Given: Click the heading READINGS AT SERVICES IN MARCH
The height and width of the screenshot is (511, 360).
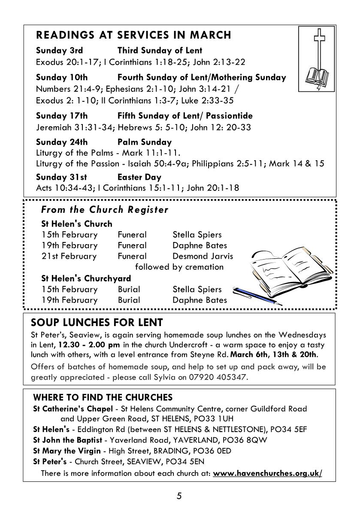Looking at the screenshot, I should click(133, 35).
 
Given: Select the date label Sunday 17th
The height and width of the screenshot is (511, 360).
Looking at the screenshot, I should click(62, 116).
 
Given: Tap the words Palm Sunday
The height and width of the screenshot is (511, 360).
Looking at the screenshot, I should click(144, 142).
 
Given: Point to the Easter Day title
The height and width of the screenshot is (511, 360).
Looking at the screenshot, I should click(139, 177).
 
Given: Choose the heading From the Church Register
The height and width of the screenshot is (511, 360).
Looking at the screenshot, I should click(105, 210).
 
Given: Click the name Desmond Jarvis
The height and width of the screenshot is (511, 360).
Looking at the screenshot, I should click(203, 256).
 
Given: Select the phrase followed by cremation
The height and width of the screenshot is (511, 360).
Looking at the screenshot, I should click(179, 267).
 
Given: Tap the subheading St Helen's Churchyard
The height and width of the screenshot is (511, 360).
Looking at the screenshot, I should click(86, 278).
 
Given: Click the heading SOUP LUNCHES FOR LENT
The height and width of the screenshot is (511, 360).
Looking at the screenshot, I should click(97, 322).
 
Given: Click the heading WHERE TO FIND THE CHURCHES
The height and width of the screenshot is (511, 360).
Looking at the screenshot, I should click(103, 397).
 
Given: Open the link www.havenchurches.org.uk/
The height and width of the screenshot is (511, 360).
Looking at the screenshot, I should click(267, 473).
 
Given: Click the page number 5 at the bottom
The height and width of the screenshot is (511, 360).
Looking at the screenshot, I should click(179, 496).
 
